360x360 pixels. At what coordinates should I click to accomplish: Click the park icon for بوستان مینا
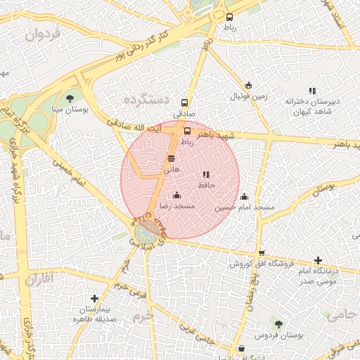click(x=70, y=98)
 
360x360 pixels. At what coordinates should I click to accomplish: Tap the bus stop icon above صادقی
click(x=185, y=101)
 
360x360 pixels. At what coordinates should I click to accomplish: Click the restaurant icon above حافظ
click(x=206, y=174)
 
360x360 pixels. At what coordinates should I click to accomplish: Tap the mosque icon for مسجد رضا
click(x=176, y=195)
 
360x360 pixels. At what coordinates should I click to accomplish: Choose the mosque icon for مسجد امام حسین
click(x=244, y=196)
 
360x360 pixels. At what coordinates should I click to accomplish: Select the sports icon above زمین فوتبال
click(x=247, y=84)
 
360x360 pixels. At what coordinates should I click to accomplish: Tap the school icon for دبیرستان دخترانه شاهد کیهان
click(x=312, y=90)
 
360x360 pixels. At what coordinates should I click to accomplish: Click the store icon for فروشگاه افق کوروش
click(x=262, y=253)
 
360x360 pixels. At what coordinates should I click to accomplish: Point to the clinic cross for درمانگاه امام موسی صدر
click(x=318, y=260)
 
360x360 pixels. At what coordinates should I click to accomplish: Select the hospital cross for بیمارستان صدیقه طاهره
click(x=95, y=298)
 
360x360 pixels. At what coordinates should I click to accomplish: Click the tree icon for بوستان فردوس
click(x=278, y=324)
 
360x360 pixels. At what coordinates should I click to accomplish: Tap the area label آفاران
click(x=38, y=279)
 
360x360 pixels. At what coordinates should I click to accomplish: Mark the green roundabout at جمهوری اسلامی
click(x=146, y=232)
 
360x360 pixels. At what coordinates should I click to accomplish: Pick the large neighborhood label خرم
click(x=143, y=318)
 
